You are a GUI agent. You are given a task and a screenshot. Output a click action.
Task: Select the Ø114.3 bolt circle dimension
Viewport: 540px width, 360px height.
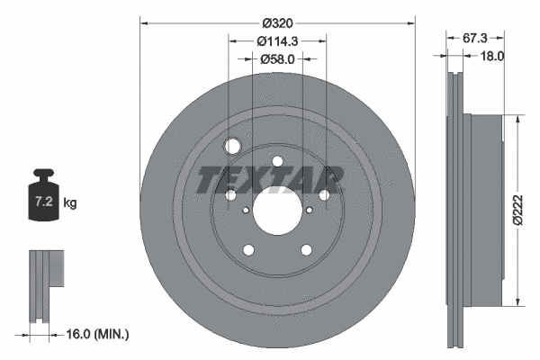click(x=277, y=41)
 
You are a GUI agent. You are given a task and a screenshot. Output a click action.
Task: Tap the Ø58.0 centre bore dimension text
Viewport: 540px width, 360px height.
click(x=277, y=58)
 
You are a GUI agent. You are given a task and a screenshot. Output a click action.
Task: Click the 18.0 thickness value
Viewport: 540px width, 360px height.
click(x=492, y=55)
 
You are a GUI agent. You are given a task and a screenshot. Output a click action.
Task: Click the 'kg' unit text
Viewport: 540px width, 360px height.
click(x=70, y=203)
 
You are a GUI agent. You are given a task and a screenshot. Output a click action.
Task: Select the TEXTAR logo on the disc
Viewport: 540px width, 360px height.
click(x=271, y=179)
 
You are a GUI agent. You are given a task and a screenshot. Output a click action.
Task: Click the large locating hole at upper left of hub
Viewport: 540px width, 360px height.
click(x=234, y=148)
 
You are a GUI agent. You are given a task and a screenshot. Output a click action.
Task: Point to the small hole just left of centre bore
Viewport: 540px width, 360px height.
click(x=230, y=194)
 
